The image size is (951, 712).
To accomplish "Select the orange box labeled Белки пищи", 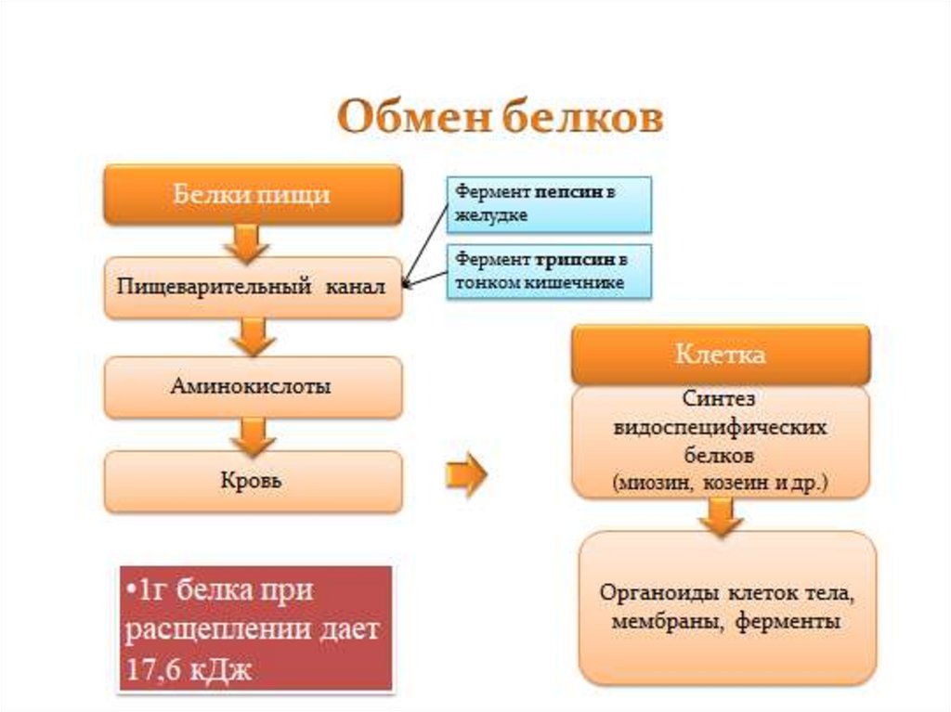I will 252,195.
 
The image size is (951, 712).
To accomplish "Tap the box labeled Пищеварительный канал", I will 252,288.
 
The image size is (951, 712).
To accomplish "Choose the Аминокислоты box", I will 252,385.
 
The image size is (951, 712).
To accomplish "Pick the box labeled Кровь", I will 252,482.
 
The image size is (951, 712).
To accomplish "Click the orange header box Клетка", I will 720,355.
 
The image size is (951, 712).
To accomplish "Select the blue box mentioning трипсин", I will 550,270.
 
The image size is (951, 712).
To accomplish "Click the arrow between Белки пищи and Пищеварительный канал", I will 247,243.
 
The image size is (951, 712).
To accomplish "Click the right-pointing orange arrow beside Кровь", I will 465,475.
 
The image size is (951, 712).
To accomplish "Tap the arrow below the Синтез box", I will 720,516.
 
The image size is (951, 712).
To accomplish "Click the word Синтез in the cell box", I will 720,398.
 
